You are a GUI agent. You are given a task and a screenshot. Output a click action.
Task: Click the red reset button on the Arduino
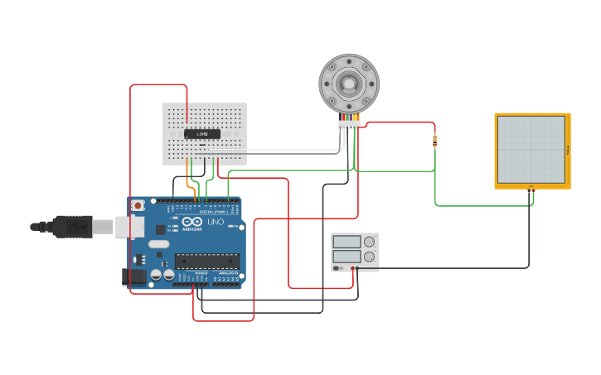[137, 204]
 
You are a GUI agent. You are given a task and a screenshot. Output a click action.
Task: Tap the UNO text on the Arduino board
[215, 222]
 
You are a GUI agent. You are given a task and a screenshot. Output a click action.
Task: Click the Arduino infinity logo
[192, 222]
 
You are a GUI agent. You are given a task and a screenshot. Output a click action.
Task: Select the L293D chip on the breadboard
[202, 133]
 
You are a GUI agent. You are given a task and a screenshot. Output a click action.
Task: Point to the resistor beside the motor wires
[435, 141]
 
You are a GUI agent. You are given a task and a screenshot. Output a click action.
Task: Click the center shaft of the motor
[349, 83]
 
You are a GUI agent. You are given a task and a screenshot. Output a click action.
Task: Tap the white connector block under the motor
[349, 126]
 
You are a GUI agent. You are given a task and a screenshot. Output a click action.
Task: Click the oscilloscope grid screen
[531, 149]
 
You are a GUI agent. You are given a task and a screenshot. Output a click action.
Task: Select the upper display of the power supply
[347, 242]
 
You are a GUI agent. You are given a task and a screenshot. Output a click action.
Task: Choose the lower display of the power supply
[347, 257]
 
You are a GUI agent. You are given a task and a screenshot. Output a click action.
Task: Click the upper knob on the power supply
[370, 242]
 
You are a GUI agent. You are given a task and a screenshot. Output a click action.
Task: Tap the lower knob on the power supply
[370, 257]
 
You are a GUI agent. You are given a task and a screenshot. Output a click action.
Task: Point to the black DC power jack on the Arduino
[133, 277]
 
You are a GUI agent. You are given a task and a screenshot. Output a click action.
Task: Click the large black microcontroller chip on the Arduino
[206, 260]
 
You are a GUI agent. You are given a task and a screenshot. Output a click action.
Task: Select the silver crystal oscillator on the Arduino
[159, 244]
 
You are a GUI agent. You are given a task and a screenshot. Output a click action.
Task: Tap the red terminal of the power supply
[352, 268]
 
